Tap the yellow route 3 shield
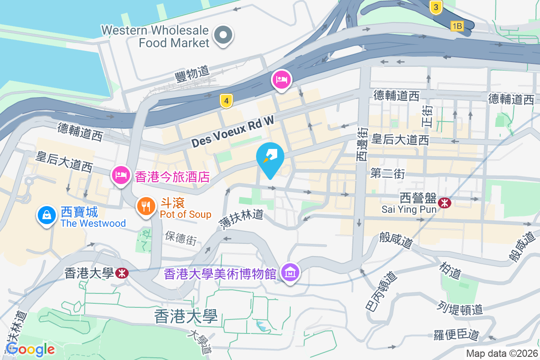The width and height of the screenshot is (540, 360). tap(436, 7)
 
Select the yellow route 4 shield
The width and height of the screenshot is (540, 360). tap(226, 101)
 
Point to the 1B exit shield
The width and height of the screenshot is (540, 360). tap(457, 26)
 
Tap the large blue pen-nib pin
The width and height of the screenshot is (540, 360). tap(270, 158)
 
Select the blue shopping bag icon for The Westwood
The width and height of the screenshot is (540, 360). tap(47, 215)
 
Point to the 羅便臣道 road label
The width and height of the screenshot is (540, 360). tap(456, 335)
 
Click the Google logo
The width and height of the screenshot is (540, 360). tap(31, 349)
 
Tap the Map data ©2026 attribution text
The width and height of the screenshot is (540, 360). tap(502, 353)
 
